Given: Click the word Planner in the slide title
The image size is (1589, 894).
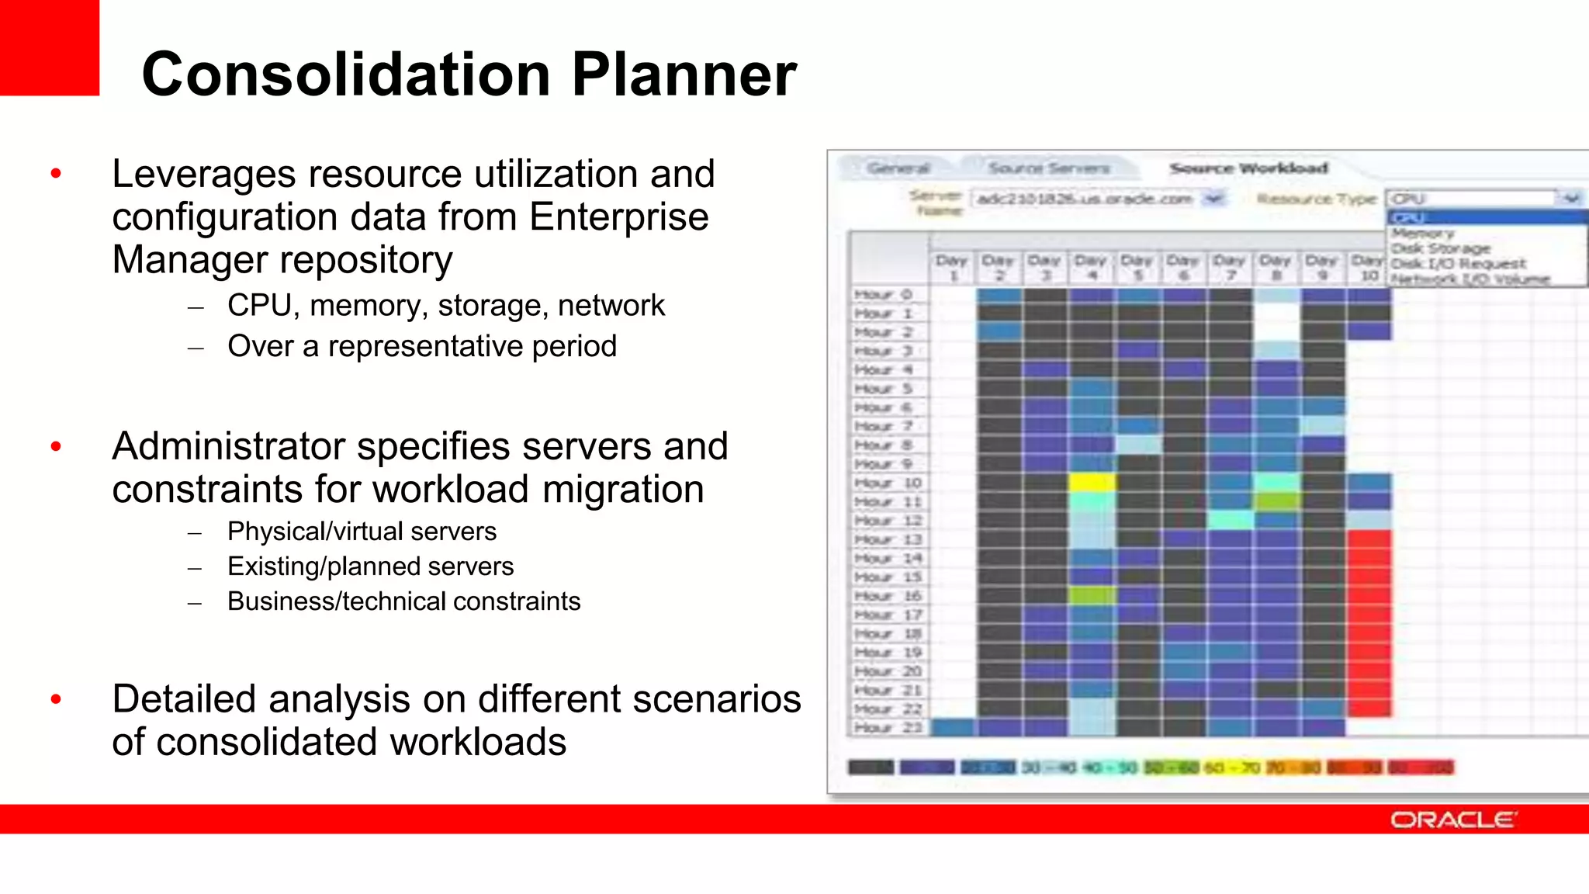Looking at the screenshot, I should tap(684, 74).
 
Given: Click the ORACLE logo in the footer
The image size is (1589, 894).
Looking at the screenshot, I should tap(1452, 820).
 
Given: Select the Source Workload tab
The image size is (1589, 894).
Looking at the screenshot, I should tap(1248, 168).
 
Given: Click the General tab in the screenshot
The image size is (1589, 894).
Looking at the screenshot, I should tap(898, 168).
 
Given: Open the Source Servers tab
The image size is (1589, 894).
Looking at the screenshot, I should tap(1048, 168).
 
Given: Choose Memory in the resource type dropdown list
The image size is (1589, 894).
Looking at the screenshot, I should tap(1423, 233).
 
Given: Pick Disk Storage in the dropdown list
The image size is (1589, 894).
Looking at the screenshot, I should tap(1441, 248).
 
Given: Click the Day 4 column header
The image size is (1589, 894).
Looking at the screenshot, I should tap(1091, 267).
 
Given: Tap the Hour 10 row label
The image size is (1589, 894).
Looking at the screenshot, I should tap(888, 483).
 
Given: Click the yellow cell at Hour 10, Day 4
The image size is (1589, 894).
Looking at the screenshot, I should tap(1092, 483).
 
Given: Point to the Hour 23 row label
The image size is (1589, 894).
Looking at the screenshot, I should tap(888, 728).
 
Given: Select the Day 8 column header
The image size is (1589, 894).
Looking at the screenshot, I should tap(1276, 267).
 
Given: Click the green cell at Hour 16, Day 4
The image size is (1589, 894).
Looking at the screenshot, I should tap(1092, 596).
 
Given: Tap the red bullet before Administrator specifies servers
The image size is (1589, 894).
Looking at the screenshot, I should tap(56, 446).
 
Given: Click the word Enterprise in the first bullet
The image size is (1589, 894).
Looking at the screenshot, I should tap(618, 217).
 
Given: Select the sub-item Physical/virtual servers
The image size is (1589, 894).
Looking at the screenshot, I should tap(362, 532).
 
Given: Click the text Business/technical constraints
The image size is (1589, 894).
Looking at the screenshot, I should tap(403, 601).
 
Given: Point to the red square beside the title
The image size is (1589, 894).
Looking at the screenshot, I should tap(49, 47).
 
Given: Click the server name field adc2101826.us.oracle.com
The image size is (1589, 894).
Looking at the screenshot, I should tap(1084, 199).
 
